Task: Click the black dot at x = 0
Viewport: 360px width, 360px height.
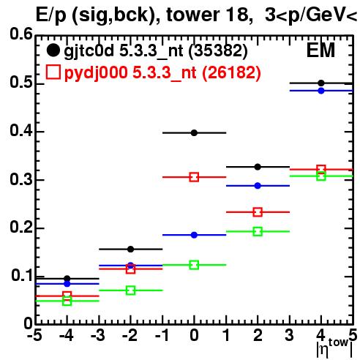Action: click(194, 133)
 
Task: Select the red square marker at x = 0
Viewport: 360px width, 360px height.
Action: click(194, 177)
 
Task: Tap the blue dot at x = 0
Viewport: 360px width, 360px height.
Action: click(194, 235)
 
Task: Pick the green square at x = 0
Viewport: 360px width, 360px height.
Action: click(194, 265)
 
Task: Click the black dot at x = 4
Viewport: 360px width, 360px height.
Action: click(321, 83)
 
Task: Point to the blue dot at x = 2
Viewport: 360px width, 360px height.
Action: click(258, 186)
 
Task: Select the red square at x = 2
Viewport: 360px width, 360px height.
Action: click(258, 212)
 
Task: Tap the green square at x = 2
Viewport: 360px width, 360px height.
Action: click(258, 231)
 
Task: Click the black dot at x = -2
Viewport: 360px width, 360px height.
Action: click(131, 250)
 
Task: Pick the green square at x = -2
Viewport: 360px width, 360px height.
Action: click(131, 290)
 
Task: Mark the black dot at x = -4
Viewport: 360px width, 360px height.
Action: click(67, 279)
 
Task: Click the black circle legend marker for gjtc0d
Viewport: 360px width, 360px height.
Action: click(53, 50)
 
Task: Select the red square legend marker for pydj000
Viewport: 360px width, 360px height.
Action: click(53, 72)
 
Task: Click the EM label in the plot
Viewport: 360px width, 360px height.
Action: click(320, 50)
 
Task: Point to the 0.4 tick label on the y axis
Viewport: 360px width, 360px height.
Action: click(21, 130)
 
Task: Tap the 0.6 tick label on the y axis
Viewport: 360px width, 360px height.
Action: click(21, 34)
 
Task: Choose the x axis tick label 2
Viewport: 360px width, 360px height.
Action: click(258, 335)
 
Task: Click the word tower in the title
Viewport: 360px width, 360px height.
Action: click(193, 15)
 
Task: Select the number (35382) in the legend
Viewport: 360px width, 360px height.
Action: click(218, 50)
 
